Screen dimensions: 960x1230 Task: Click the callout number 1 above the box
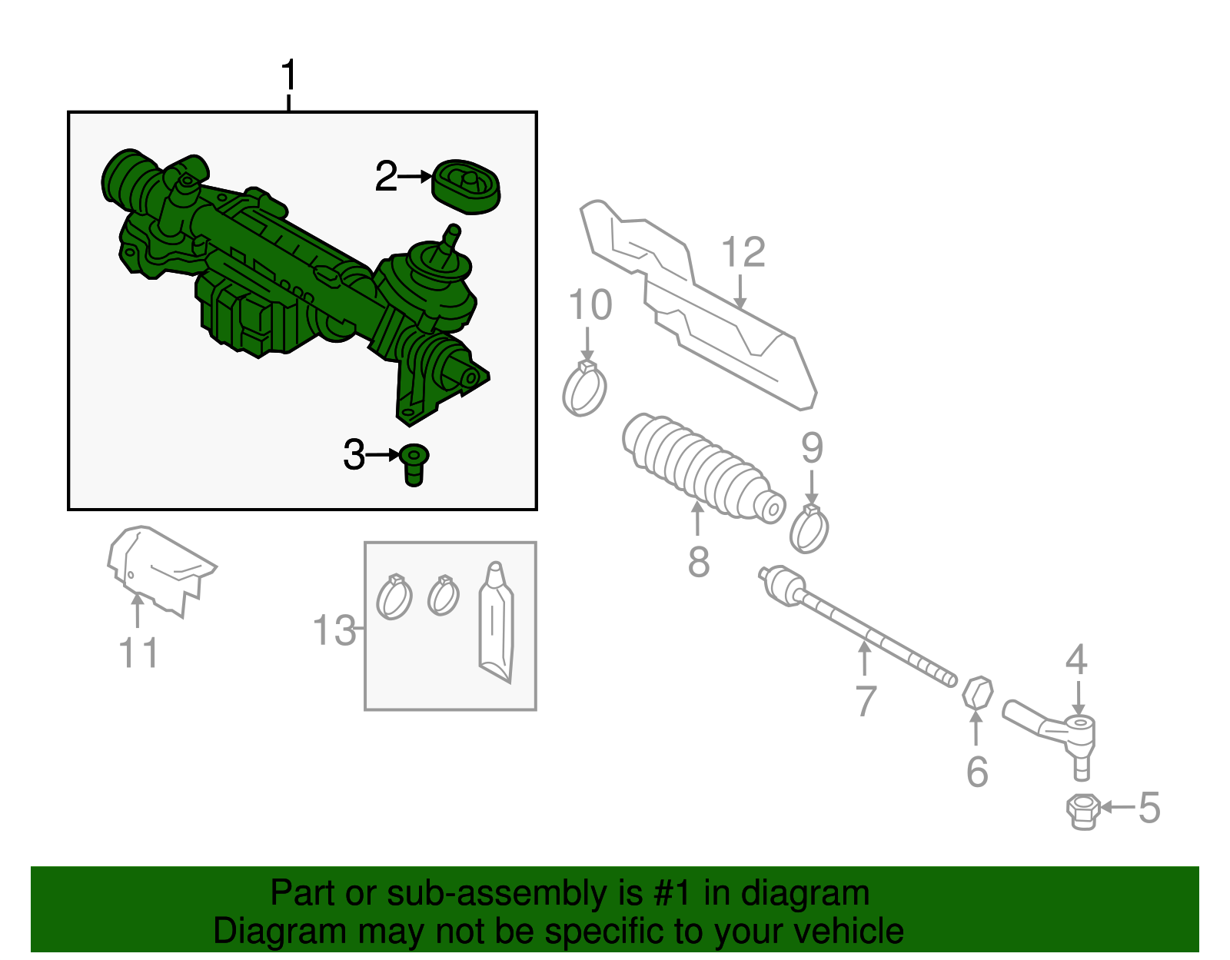[288, 76]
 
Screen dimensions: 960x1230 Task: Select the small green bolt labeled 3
[414, 464]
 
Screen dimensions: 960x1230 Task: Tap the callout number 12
[743, 252]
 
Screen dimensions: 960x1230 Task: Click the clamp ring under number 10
[585, 390]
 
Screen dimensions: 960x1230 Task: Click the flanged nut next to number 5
[1082, 812]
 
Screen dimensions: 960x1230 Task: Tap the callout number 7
[866, 701]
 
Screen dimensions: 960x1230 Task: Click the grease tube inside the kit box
[495, 623]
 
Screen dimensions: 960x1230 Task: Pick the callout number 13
[334, 630]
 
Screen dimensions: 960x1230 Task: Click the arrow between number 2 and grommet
[416, 177]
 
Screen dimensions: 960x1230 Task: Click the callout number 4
[1076, 659]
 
